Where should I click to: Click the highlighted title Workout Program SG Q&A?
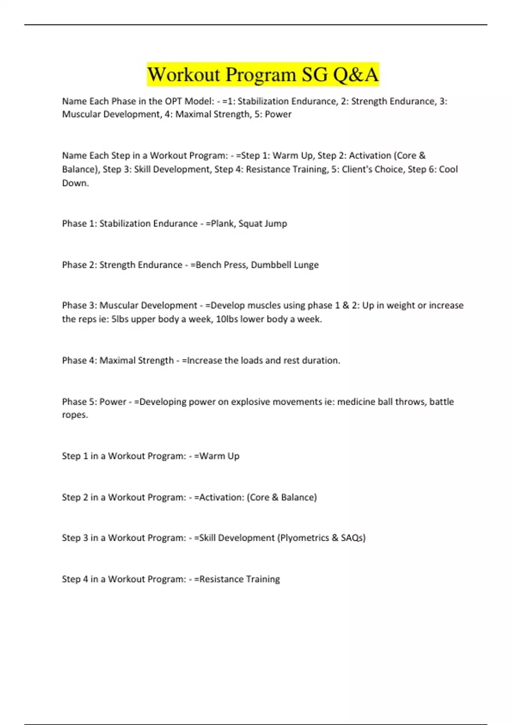(x=263, y=75)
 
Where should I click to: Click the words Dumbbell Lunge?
(x=285, y=265)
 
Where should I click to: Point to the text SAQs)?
(x=353, y=538)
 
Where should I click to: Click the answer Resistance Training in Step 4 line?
(x=239, y=579)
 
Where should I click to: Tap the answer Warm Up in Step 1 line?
(x=219, y=456)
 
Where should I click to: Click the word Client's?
(x=358, y=169)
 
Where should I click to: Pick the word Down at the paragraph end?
(x=75, y=183)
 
